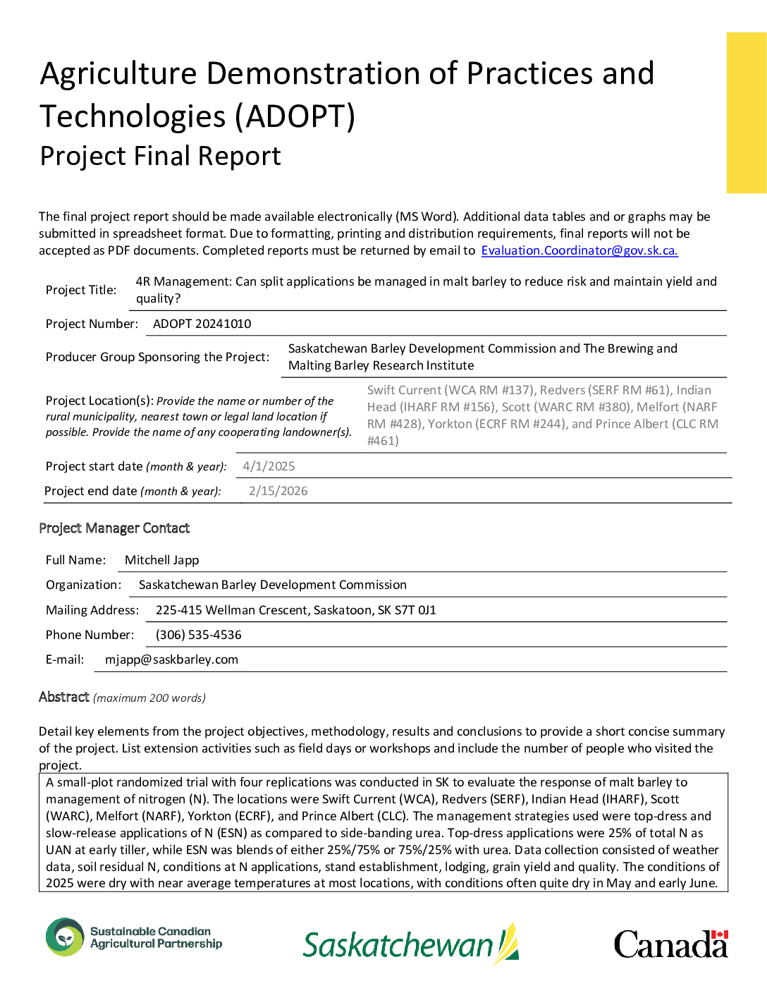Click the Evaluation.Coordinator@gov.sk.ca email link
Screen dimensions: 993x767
pos(579,250)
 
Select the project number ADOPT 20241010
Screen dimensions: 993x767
pos(202,324)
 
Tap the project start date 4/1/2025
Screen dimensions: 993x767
pos(269,466)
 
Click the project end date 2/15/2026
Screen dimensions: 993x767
pos(278,491)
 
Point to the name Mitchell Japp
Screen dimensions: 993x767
pos(161,560)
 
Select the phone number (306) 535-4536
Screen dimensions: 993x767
pos(198,635)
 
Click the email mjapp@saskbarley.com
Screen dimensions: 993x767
pos(171,659)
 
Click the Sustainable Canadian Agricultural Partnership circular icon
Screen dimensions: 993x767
pos(65,937)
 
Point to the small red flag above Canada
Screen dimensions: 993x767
pos(719,935)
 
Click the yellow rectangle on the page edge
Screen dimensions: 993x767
pos(747,113)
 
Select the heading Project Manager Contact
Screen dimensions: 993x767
pos(114,528)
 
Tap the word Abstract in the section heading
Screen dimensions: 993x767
pos(64,697)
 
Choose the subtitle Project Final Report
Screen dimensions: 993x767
pos(160,156)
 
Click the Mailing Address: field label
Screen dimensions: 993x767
pos(92,610)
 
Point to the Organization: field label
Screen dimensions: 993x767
pos(83,585)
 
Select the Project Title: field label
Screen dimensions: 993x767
pos(81,290)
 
